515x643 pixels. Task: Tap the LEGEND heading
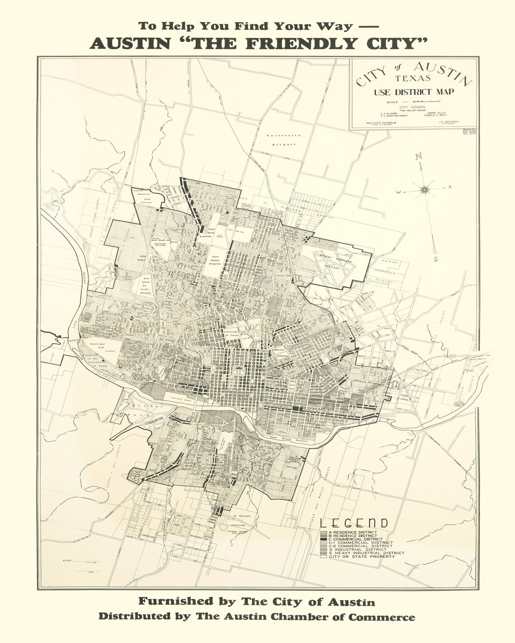[354, 523]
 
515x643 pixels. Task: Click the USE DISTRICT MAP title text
[414, 92]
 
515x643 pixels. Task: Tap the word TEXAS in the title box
[412, 78]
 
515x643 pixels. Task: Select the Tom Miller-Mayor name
[413, 110]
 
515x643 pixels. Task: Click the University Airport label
[284, 140]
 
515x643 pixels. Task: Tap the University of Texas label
[231, 334]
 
